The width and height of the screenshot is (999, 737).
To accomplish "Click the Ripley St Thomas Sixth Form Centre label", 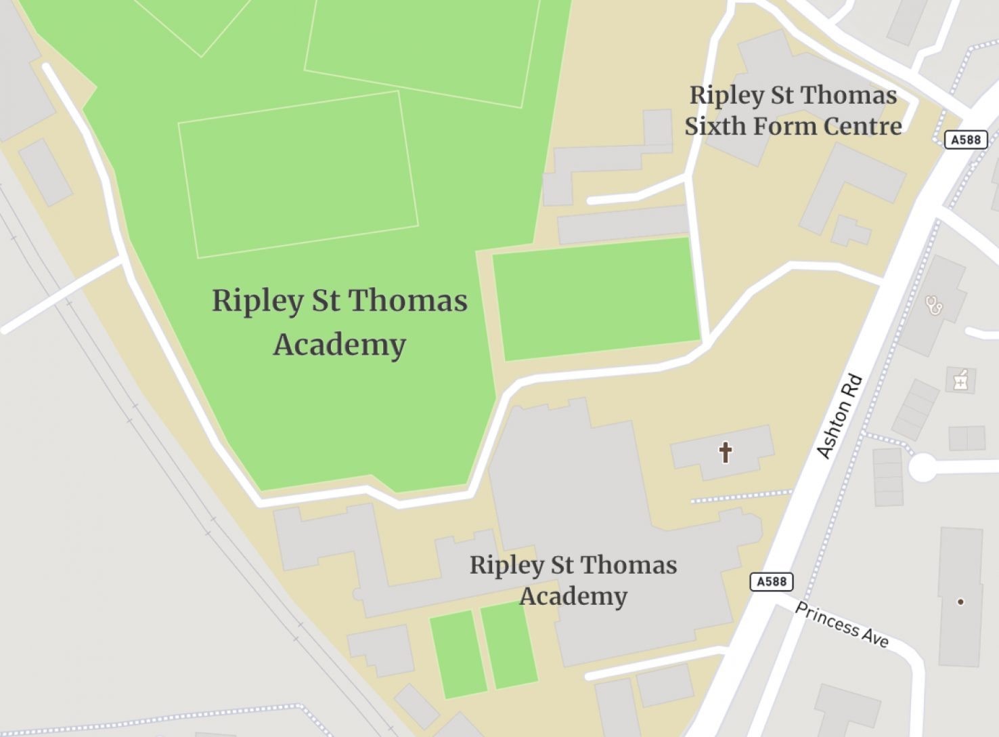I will coord(793,110).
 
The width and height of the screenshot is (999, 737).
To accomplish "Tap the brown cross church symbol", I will coord(725,452).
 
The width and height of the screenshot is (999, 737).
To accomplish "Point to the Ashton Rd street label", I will coord(840,416).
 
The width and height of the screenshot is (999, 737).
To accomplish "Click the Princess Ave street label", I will coord(841,625).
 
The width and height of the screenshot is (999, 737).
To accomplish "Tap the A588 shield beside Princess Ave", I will coord(771,581).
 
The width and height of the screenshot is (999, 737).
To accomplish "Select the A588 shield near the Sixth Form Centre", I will coord(965,140).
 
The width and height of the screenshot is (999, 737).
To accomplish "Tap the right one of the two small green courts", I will coord(509,646).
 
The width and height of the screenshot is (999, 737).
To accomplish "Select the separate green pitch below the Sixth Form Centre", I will coord(596,299).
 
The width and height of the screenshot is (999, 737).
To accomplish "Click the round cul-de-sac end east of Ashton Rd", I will coord(922,467).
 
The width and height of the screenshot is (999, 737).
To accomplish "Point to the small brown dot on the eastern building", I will coord(960,602).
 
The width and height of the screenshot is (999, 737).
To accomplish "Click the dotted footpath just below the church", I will coord(741,497).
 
